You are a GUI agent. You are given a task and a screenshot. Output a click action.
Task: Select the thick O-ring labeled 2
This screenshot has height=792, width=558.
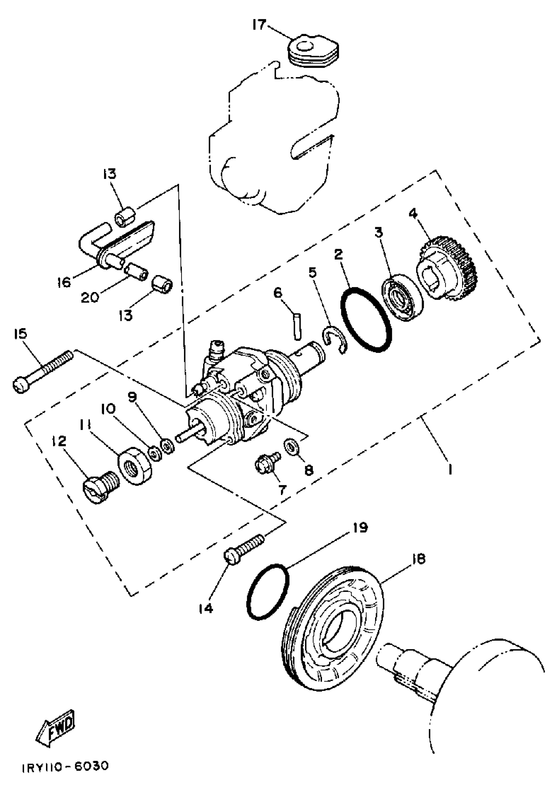pos(366,319)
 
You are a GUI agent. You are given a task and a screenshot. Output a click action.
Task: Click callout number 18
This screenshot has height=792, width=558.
pos(418,559)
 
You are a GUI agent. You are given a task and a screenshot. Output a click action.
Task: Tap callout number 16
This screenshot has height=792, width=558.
pos(64,282)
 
